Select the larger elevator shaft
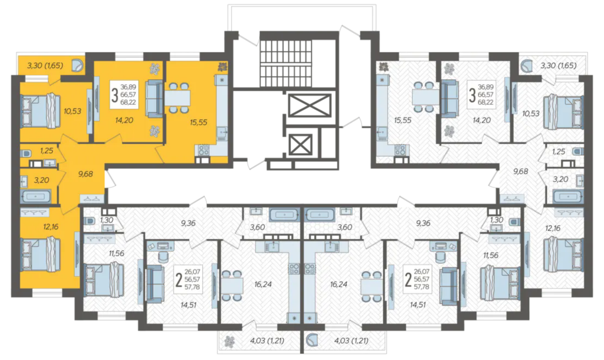click(x=309, y=105)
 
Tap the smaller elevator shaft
click(x=300, y=144)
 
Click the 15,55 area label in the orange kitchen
click(x=198, y=122)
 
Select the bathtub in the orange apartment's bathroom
click(x=36, y=196)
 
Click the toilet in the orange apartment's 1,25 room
click(x=25, y=154)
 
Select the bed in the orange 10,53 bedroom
click(x=40, y=110)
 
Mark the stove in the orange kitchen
click(x=203, y=150)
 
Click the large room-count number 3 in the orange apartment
click(x=114, y=95)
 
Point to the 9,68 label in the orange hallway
click(x=86, y=174)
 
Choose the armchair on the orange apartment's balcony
click(x=78, y=66)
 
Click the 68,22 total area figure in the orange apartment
click(x=128, y=102)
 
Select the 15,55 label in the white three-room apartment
click(x=402, y=120)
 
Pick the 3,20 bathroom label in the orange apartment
click(x=42, y=180)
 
